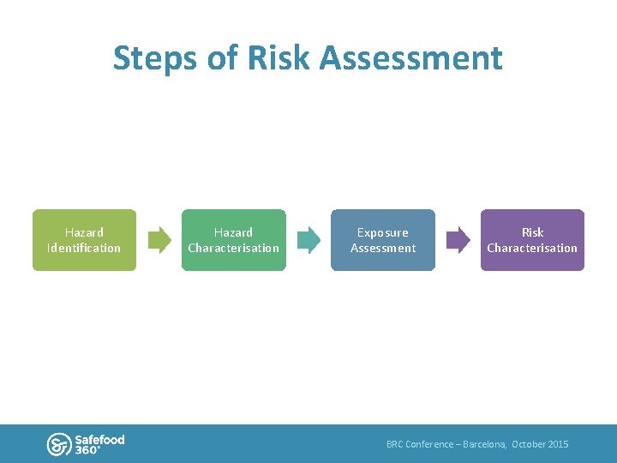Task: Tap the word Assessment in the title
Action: [x=410, y=59]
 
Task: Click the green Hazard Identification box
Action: [x=84, y=240]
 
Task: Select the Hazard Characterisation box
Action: [x=233, y=240]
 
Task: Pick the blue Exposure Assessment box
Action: [x=383, y=240]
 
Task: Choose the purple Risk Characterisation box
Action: [x=532, y=240]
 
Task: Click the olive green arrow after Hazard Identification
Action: [x=159, y=240]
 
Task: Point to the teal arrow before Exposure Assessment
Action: [x=308, y=240]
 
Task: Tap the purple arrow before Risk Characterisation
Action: [x=458, y=240]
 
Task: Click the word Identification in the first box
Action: [x=84, y=249]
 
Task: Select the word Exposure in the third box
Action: [x=383, y=232]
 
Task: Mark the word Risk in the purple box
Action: [x=532, y=232]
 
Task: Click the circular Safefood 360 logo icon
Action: [x=58, y=443]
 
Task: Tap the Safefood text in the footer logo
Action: [x=99, y=439]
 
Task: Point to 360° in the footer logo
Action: [x=87, y=450]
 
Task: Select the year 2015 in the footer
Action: [x=557, y=444]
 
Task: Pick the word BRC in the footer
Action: [x=394, y=444]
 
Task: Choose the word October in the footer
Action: [x=528, y=444]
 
